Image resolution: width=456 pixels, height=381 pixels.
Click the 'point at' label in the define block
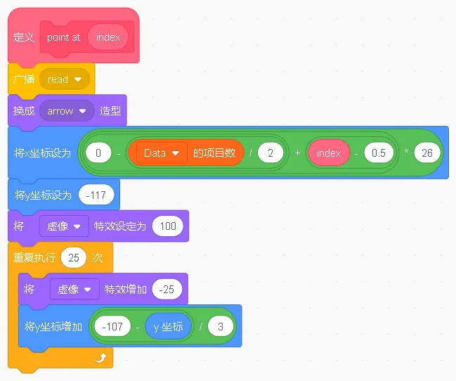point(63,37)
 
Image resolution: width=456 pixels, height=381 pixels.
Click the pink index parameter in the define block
point(108,37)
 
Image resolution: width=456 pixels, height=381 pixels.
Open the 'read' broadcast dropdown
point(65,79)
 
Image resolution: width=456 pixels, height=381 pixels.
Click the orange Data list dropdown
point(162,153)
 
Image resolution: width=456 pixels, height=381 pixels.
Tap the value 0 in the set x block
point(99,153)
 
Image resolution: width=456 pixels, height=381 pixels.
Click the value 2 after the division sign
point(271,153)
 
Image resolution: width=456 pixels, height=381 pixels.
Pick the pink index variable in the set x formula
point(328,153)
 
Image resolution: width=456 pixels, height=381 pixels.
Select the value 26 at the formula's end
point(428,153)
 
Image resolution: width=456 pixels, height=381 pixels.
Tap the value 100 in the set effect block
point(168,226)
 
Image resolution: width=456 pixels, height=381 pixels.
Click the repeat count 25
point(73,258)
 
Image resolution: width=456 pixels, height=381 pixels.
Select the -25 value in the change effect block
point(167,289)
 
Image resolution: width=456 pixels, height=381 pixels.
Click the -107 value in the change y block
point(112,326)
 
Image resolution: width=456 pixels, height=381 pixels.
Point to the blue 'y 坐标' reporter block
point(168,326)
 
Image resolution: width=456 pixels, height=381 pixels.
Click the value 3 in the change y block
point(220,326)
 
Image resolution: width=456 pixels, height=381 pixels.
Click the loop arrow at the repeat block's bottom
point(100,359)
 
